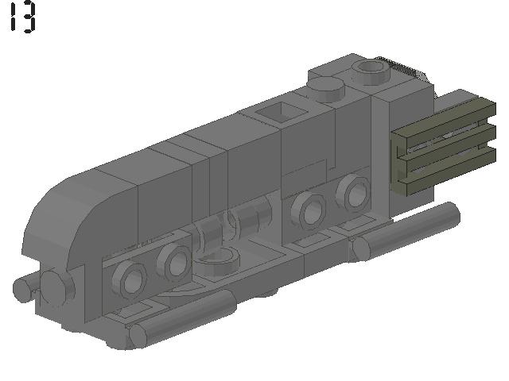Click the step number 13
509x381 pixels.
(23, 17)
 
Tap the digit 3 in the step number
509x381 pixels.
(29, 17)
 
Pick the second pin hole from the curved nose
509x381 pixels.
(173, 263)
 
